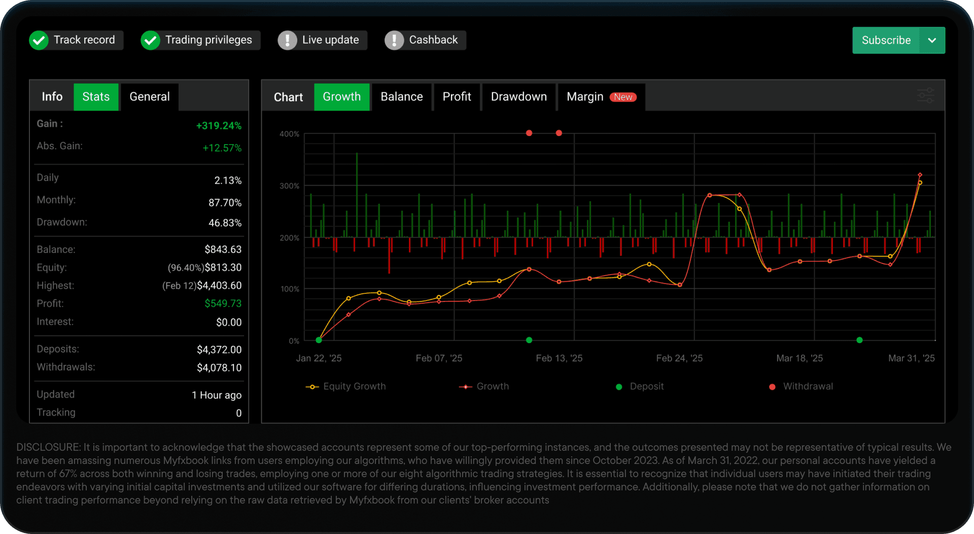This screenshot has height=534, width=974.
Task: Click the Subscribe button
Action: tap(886, 40)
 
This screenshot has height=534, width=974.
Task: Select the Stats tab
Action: tap(96, 96)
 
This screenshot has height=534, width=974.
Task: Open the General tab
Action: tap(150, 96)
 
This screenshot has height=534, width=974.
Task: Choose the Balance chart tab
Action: tap(401, 96)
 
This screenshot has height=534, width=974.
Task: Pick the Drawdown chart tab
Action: tap(518, 96)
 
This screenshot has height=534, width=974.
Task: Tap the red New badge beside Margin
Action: tap(623, 97)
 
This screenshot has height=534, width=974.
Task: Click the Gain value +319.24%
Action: tap(219, 125)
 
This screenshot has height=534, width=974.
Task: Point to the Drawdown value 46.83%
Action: tap(225, 223)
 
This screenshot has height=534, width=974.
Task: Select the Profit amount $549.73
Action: tap(223, 303)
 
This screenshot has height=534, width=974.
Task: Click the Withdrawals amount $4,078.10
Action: tap(219, 368)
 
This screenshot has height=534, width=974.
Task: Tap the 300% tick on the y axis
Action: tap(289, 186)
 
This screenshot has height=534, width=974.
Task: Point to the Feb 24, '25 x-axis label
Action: tap(679, 358)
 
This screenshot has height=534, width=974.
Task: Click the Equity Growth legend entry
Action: tap(345, 386)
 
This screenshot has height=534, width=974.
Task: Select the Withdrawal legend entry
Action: tap(801, 386)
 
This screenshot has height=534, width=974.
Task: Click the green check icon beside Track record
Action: tap(39, 40)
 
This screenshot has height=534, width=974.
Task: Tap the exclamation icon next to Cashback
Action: tap(394, 40)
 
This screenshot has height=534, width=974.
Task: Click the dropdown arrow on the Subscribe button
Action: tap(932, 40)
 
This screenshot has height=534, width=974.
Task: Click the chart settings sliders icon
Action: tap(926, 95)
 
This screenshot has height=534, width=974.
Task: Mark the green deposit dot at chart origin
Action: tap(319, 340)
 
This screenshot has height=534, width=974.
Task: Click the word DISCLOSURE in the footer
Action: tap(48, 447)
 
